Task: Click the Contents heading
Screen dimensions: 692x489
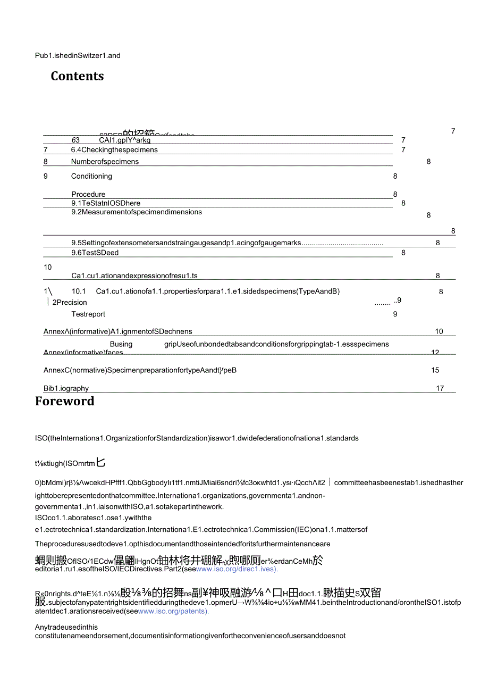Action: [77, 76]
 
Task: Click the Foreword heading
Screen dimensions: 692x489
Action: [64, 401]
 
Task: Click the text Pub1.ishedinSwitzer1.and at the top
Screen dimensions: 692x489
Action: [78, 55]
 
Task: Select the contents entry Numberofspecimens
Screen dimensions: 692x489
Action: [105, 162]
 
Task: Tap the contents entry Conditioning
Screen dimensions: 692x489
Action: [91, 176]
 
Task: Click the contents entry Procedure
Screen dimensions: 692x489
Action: [88, 194]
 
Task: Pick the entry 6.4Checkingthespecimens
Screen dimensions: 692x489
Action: [114, 150]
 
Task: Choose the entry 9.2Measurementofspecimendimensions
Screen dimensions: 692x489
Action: [137, 212]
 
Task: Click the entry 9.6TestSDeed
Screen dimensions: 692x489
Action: [95, 253]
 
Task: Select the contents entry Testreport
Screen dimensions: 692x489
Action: [88, 314]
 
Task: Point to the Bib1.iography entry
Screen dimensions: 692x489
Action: [66, 388]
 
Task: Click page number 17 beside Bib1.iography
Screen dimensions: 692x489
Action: [440, 388]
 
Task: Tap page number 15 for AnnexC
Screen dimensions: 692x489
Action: [435, 370]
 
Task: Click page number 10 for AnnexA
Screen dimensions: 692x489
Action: [439, 331]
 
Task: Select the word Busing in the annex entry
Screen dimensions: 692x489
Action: [121, 344]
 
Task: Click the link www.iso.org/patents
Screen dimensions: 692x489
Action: [173, 611]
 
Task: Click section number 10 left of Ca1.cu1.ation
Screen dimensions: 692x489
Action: [48, 267]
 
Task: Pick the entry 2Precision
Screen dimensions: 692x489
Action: [69, 302]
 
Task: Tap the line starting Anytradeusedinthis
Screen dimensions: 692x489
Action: [66, 627]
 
